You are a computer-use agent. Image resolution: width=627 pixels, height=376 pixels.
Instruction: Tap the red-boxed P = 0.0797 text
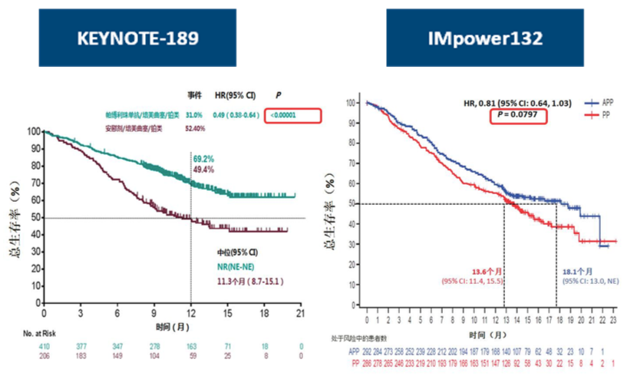pos(510,115)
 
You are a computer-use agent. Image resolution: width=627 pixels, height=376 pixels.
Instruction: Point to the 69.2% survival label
pos(203,159)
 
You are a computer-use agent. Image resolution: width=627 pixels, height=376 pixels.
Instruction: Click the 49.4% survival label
pos(203,169)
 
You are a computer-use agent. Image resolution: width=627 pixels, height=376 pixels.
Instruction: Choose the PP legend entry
pos(597,112)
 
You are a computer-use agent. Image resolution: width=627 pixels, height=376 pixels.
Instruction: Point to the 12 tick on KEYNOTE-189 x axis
pos(190,315)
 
